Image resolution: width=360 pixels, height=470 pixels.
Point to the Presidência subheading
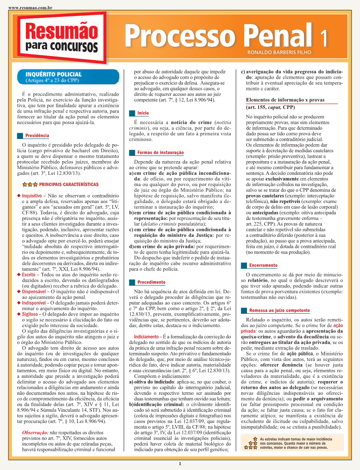point(37,135)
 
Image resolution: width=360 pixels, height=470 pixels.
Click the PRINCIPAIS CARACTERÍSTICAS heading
point(69,184)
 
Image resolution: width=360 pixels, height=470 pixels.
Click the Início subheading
point(143,113)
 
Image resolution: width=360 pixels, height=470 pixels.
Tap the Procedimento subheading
point(151,282)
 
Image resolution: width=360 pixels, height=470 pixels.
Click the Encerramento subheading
point(263,265)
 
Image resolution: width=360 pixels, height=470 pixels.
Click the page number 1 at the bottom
point(180,463)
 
